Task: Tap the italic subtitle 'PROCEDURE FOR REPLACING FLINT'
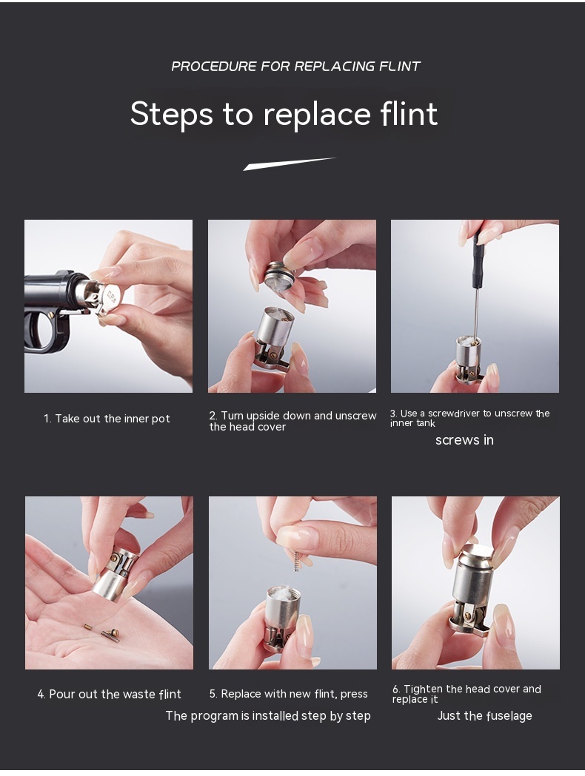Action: (295, 67)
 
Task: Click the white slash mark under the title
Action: (290, 163)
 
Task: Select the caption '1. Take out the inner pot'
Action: (107, 419)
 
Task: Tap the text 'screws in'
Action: (464, 440)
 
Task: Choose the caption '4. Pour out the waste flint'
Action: (109, 695)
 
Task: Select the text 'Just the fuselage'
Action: (484, 716)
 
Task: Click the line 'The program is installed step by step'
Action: (268, 716)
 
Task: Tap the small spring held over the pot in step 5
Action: (296, 561)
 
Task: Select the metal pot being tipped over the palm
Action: (116, 573)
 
